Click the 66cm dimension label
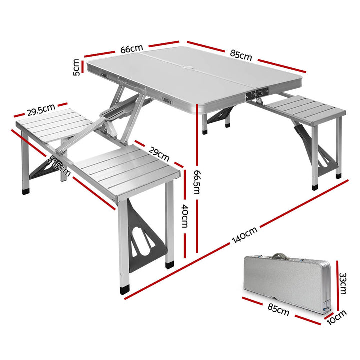(131, 49)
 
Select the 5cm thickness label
(76, 67)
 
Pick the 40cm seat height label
(184, 216)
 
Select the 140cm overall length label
(244, 236)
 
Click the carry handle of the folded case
(278, 256)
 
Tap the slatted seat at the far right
(305, 109)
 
